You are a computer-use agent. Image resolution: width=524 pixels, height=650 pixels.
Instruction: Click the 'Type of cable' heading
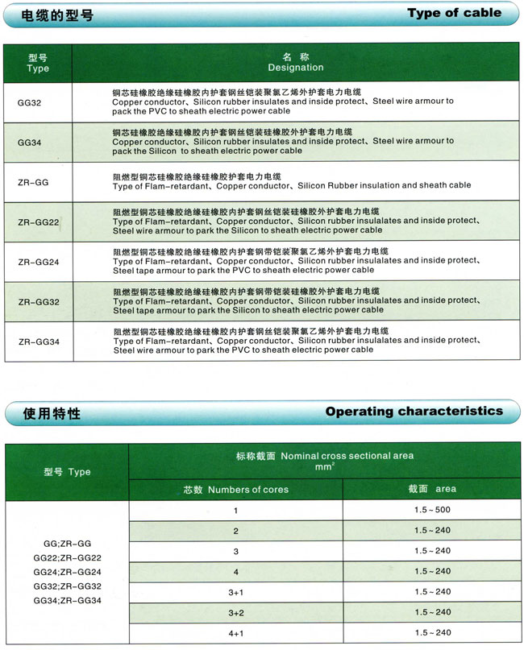coord(454,13)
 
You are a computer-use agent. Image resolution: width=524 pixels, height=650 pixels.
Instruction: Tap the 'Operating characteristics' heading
coord(414,412)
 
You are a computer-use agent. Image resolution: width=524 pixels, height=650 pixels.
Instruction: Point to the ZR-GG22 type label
coord(38,222)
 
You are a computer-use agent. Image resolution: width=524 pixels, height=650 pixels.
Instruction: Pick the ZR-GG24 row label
coord(38,262)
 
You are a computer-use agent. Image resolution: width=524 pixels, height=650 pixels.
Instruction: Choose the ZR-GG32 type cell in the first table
coord(38,302)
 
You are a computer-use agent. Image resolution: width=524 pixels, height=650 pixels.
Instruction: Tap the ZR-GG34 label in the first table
coord(38,342)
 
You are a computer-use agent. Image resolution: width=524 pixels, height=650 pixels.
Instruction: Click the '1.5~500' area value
coord(432,511)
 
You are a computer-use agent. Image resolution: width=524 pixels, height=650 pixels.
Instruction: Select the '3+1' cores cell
coord(235,592)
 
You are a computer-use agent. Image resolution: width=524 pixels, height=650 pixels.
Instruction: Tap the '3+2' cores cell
coord(235,612)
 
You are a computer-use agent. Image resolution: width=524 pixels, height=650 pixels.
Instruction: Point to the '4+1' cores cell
coord(235,632)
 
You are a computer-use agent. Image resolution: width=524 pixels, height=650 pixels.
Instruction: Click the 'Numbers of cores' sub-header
coord(235,489)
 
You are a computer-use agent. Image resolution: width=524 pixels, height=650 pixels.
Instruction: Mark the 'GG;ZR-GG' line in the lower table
coord(67,544)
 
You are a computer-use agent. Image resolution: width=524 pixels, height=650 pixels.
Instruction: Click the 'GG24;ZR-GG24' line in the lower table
coord(67,572)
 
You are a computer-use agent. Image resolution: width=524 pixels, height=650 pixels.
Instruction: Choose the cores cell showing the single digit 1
coord(235,511)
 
